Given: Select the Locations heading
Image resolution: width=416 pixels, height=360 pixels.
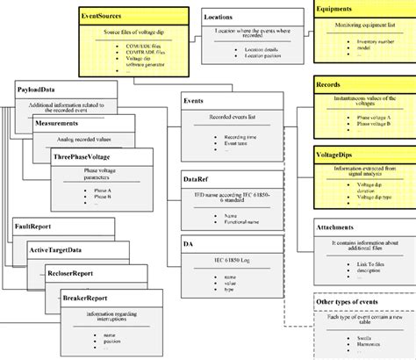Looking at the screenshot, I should click(219, 17).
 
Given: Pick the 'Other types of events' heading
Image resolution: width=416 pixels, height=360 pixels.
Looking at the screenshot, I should click(348, 301).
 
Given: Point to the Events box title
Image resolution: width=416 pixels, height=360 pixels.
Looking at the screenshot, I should click(194, 102).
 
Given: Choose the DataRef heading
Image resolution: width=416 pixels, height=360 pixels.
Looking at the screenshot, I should click(197, 177).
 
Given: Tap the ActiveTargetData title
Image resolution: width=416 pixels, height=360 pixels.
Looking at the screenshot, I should click(61, 250).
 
